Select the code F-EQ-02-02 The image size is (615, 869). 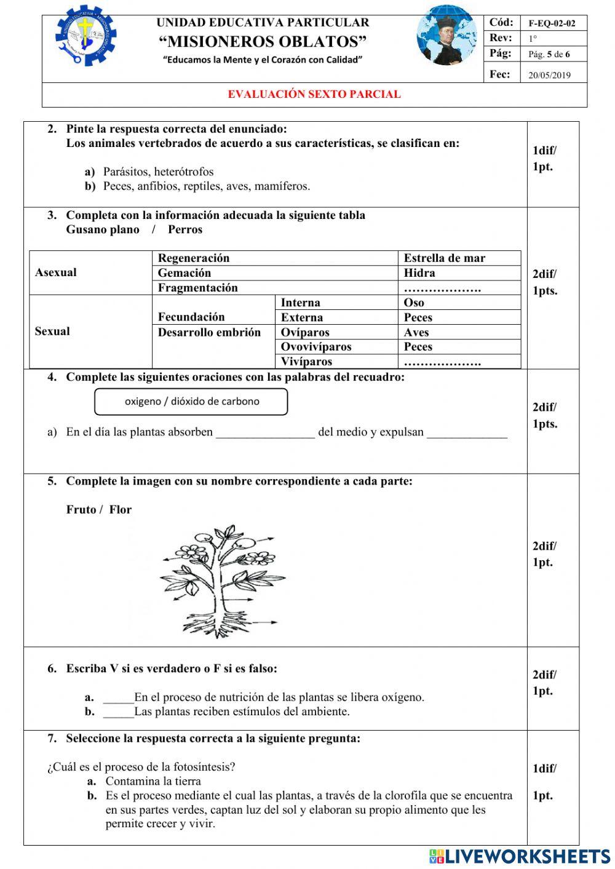(552, 23)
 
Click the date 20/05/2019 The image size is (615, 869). (549, 75)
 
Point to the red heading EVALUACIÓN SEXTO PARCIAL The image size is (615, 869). (314, 94)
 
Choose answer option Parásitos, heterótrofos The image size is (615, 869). (158, 172)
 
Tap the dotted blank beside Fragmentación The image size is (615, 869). (442, 288)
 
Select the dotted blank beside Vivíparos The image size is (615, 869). (442, 362)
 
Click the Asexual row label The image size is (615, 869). (56, 272)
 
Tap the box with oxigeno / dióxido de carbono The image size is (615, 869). (191, 402)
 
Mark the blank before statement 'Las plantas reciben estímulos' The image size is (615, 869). (118, 713)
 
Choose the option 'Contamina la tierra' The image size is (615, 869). (153, 781)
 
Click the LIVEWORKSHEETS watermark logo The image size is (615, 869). (520, 856)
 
